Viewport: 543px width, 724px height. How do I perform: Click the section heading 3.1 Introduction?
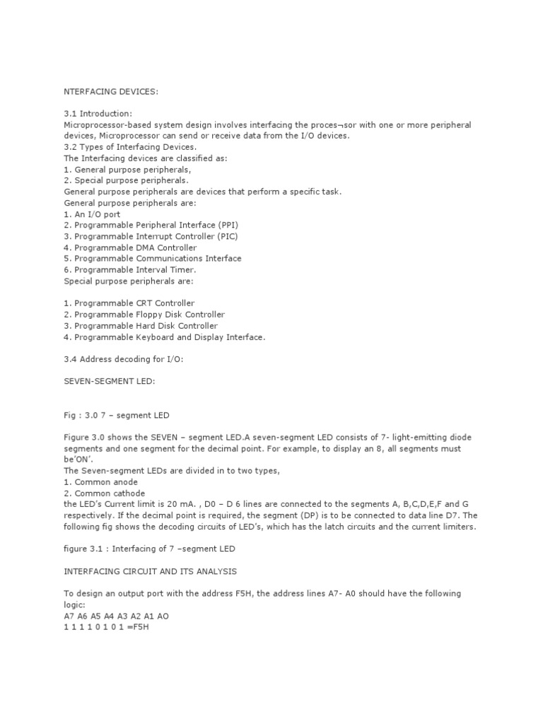[x=98, y=113]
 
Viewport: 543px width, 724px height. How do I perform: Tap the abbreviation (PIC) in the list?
[x=223, y=237]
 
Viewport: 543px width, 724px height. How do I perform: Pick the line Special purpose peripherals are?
[x=128, y=281]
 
